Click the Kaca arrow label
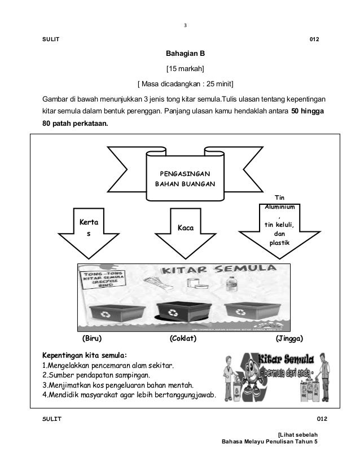click(x=186, y=228)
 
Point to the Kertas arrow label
click(x=87, y=226)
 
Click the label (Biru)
click(x=92, y=339)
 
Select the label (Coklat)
click(x=183, y=339)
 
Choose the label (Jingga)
click(x=289, y=339)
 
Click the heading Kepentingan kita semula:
click(x=85, y=355)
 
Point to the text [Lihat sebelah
click(x=298, y=434)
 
